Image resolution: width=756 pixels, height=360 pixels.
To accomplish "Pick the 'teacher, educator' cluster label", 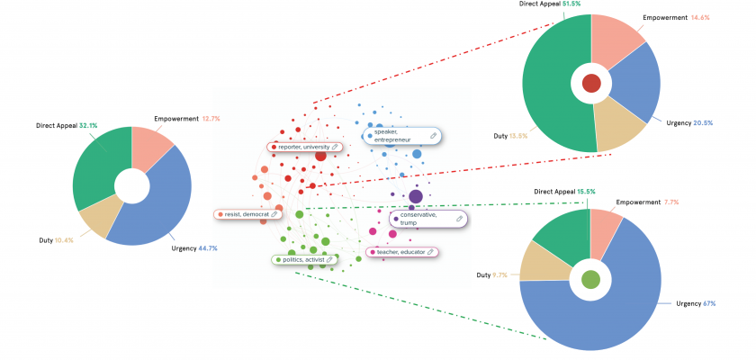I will (x=402, y=252).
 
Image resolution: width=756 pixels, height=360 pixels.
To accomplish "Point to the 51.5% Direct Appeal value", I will (x=573, y=4).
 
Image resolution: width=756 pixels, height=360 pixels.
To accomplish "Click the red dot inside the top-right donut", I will (x=591, y=84).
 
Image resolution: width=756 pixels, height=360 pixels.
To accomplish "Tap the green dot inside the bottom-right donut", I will (x=590, y=279).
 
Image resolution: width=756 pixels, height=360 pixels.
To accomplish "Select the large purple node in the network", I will (x=416, y=196).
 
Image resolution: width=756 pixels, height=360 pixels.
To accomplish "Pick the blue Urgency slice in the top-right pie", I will (x=637, y=85).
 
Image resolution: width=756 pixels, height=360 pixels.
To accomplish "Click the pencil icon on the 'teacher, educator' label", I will (x=430, y=252).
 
